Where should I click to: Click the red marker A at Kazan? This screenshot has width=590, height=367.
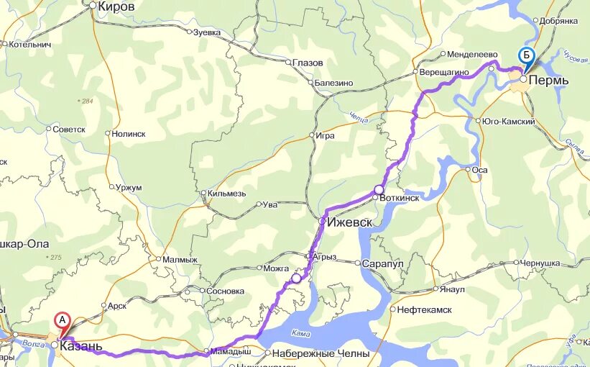pyautogui.click(x=63, y=320)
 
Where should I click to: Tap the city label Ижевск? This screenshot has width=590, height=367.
pyautogui.click(x=349, y=222)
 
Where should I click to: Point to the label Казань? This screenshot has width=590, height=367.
pyautogui.click(x=80, y=346)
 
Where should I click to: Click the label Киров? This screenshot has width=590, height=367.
pyautogui.click(x=116, y=6)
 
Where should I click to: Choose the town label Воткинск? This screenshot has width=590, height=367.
pyautogui.click(x=400, y=197)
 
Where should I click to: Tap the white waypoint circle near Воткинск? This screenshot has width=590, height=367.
pyautogui.click(x=379, y=190)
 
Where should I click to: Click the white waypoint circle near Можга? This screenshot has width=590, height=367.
pyautogui.click(x=296, y=278)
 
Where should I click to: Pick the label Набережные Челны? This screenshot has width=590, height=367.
pyautogui.click(x=321, y=353)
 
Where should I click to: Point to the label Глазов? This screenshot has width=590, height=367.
pyautogui.click(x=308, y=63)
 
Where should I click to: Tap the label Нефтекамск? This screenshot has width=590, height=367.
pyautogui.click(x=423, y=309)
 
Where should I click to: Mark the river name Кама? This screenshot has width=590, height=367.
pyautogui.click(x=302, y=333)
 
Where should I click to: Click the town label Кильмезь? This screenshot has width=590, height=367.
pyautogui.click(x=226, y=193)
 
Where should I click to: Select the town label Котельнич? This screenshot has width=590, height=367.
pyautogui.click(x=29, y=44)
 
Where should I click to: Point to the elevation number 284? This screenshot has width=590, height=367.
pyautogui.click(x=88, y=101)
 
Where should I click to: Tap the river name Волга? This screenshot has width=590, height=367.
pyautogui.click(x=32, y=344)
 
